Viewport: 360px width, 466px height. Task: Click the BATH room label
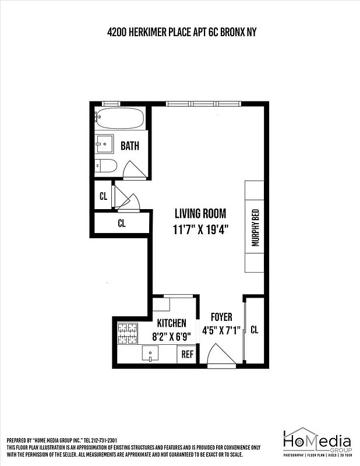[x=130, y=146]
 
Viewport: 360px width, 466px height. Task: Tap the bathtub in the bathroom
[x=120, y=119]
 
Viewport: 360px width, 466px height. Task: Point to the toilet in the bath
[x=107, y=166]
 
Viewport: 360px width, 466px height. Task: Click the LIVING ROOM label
[x=200, y=214]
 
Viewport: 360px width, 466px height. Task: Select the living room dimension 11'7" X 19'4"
[x=200, y=229]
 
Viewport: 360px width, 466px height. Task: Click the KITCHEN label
[x=172, y=323]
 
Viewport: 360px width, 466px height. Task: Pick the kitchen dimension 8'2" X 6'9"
[x=172, y=336]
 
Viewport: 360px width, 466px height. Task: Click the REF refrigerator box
[x=187, y=354]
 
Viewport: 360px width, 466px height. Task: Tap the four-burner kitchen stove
[x=126, y=334]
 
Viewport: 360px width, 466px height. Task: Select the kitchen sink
[x=151, y=354]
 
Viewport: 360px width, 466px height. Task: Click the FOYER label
[x=221, y=317]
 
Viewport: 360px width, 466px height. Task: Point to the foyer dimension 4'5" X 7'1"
[x=221, y=330]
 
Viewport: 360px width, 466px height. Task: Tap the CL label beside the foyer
[x=254, y=330]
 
